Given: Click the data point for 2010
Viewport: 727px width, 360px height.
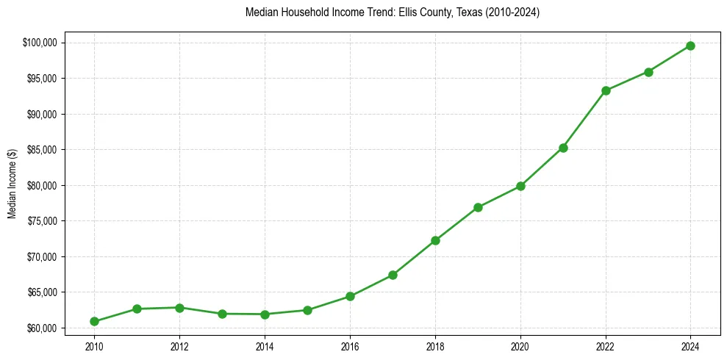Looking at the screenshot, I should pos(94,321).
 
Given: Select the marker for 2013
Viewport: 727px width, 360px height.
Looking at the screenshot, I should pos(222,314).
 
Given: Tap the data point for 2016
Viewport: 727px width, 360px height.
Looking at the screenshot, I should pos(350,296).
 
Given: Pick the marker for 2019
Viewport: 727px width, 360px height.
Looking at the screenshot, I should pos(478,207).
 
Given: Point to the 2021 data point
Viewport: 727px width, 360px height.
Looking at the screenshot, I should pos(563,148).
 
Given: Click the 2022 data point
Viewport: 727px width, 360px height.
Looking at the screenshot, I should pos(606,90).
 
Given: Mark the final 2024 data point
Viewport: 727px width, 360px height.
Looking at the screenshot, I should pos(691,46).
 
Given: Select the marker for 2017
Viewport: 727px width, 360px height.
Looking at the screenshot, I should pos(393,275).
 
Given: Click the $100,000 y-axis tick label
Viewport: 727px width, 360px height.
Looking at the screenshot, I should pos(41,43).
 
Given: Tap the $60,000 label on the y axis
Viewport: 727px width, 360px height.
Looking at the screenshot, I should pos(43,328).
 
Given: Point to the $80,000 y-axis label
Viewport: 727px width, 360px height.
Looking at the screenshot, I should pos(43,185).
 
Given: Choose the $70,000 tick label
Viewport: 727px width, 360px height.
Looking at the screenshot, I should pos(43,256).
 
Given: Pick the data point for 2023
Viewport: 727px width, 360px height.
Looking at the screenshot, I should pos(648,72).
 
